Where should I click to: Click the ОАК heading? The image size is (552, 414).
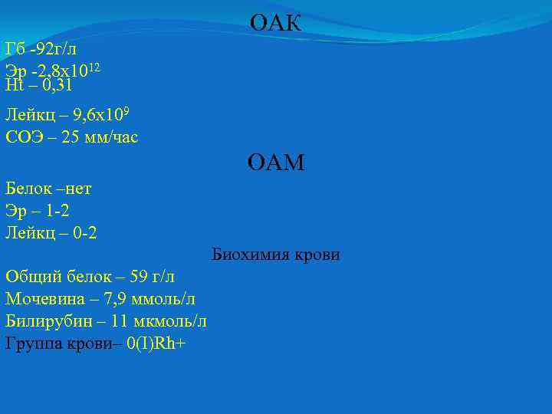tap(275, 24)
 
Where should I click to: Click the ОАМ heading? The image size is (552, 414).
tap(275, 163)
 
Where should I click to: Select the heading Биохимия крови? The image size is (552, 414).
tap(275, 255)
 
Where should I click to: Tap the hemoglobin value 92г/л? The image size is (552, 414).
tap(56, 50)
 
